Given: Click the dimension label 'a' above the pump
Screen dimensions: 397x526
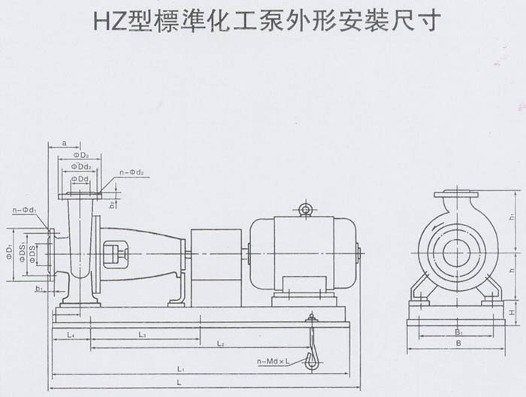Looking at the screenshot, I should coord(65,142).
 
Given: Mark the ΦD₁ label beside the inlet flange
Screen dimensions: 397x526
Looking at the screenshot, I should coord(10,248).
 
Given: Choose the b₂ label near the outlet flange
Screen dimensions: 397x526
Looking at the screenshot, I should coord(112,203).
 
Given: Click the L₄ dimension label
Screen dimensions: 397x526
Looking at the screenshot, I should coord(70,332).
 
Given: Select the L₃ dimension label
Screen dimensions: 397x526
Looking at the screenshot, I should coord(141,332).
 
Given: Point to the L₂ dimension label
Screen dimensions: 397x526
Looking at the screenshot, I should coord(221,344).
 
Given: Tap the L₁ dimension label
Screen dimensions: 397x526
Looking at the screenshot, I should coord(180,370).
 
